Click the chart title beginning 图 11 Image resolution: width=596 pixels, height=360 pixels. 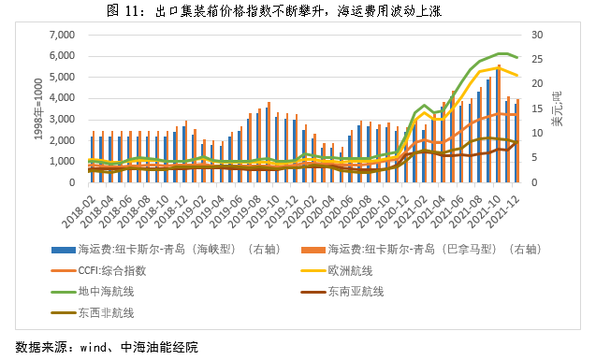coord(298,10)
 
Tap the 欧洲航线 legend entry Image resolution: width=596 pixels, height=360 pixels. coord(360,270)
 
